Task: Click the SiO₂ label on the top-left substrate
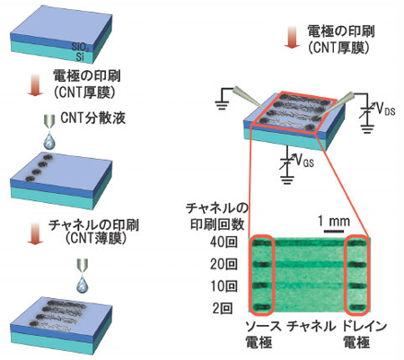[81, 47]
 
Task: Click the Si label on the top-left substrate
[80, 57]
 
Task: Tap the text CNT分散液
[92, 118]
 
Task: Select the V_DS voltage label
[385, 110]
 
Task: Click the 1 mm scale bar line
[334, 231]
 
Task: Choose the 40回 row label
[224, 242]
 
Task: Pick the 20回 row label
[224, 264]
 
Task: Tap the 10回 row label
[224, 286]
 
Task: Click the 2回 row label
[223, 309]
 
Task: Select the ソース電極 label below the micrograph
[263, 334]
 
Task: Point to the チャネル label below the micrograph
[312, 326]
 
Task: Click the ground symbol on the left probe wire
[222, 105]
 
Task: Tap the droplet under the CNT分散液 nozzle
[48, 142]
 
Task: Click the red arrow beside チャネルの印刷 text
[36, 234]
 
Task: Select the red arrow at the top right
[292, 37]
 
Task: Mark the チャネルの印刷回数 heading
[217, 216]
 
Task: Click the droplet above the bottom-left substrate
[83, 285]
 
